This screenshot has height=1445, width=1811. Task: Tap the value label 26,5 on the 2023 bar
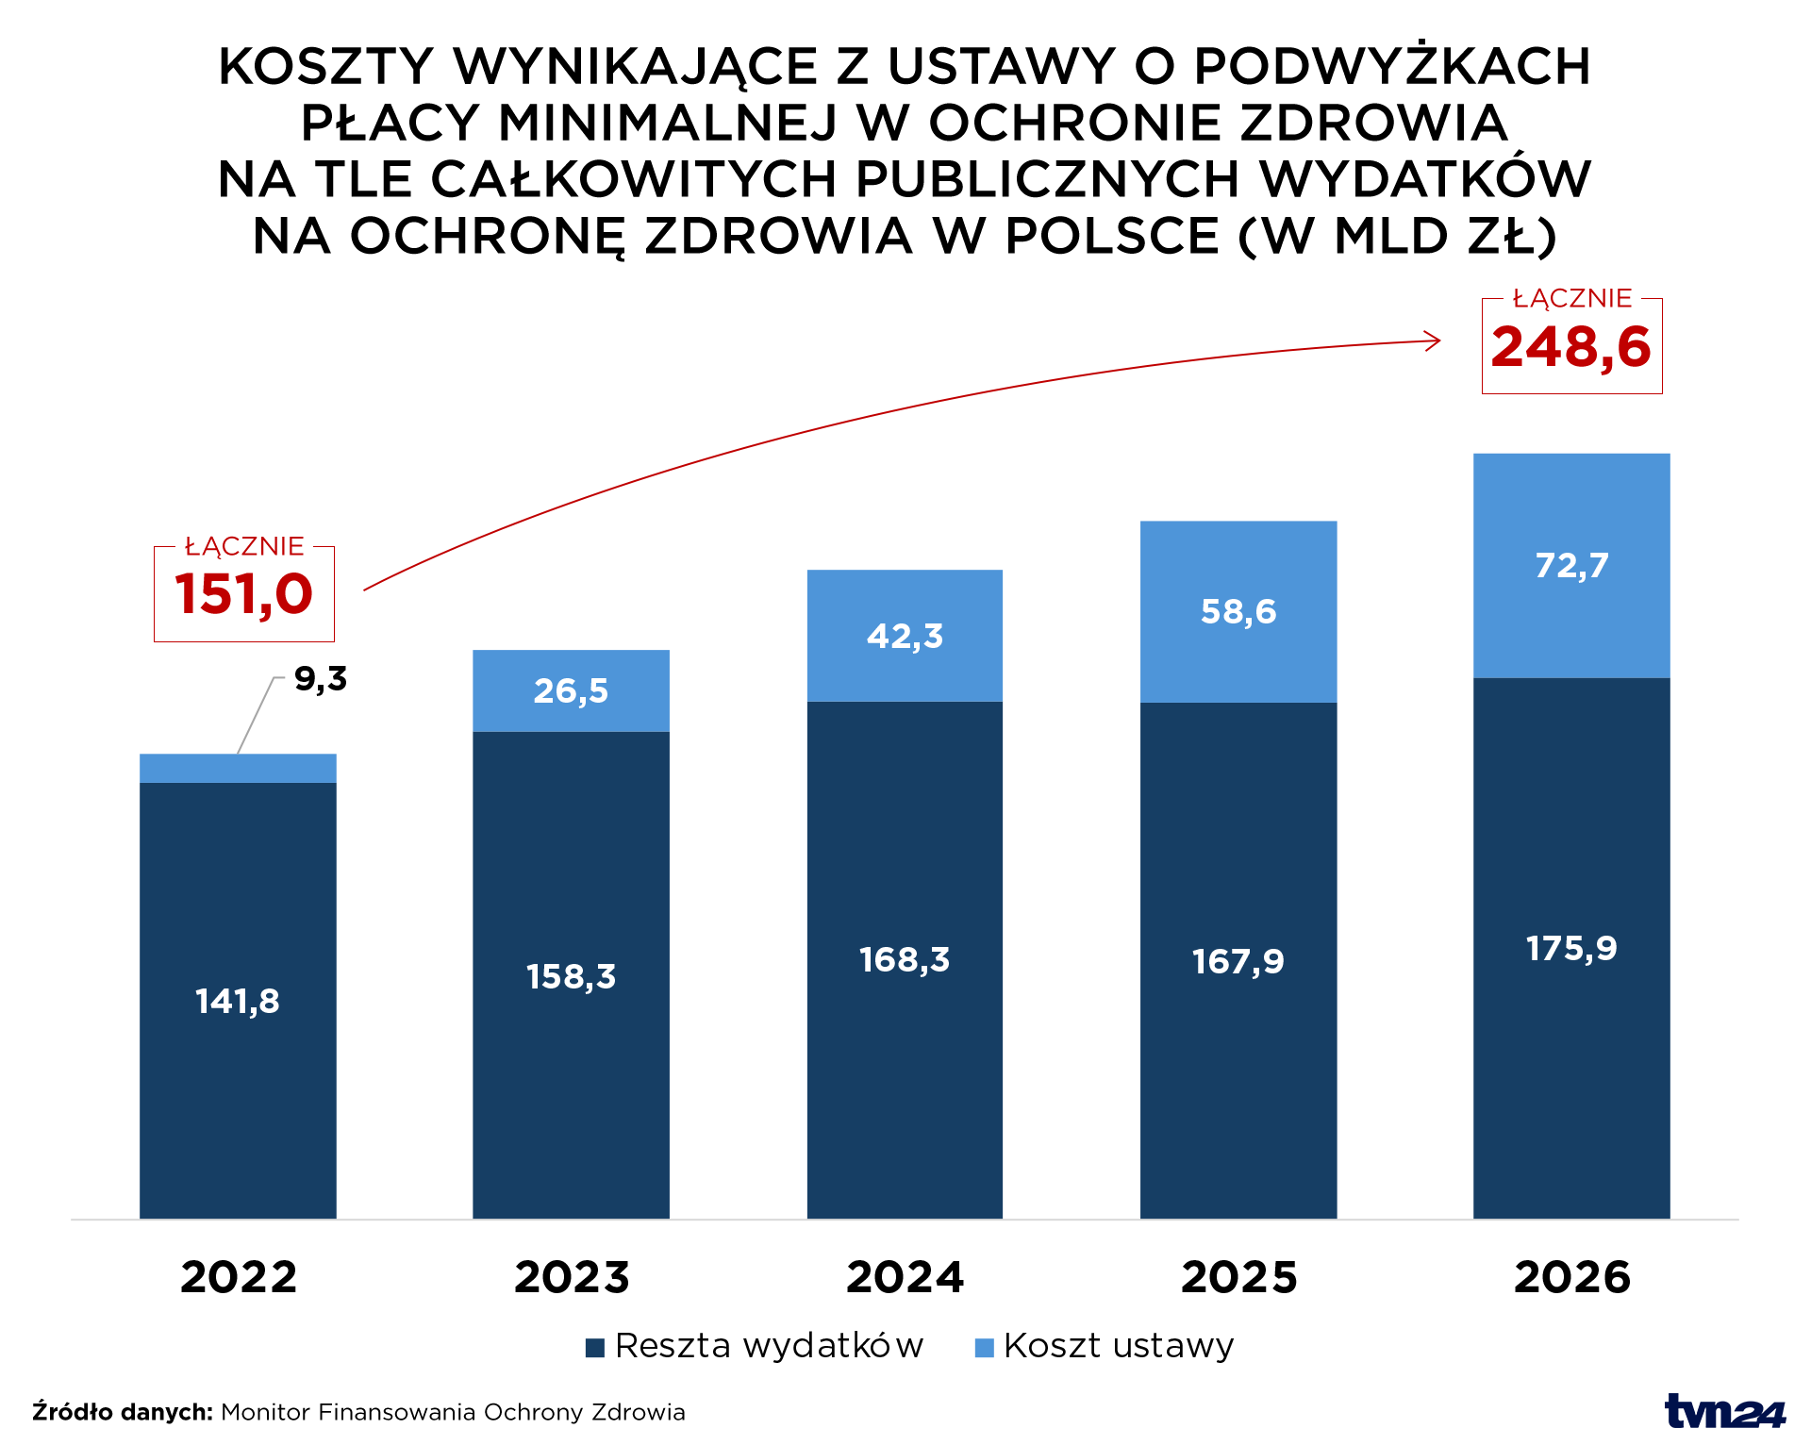point(571,691)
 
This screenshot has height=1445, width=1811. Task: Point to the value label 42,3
point(905,637)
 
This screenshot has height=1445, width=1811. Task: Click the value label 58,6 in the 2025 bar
point(1238,612)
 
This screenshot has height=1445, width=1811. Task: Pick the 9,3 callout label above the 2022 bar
point(321,679)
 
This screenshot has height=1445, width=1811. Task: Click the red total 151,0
point(243,594)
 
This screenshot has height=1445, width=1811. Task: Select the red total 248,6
point(1570,347)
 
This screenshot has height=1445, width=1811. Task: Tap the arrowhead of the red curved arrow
point(1435,340)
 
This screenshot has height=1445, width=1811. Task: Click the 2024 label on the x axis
point(905,1278)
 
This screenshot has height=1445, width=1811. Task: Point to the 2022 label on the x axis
point(239,1278)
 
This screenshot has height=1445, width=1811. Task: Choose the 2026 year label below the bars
point(1571,1278)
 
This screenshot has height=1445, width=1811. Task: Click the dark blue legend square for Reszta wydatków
point(594,1348)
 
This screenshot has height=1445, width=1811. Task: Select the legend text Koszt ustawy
point(1118,1346)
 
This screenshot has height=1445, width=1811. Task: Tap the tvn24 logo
point(1724,1411)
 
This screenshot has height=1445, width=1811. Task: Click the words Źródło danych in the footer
point(123,1412)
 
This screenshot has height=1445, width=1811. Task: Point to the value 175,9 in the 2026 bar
point(1571,949)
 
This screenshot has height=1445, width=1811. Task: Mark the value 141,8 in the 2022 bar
point(238,1002)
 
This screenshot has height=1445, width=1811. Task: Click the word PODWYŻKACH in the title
point(1392,67)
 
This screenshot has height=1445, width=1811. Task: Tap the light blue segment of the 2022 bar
point(238,769)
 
